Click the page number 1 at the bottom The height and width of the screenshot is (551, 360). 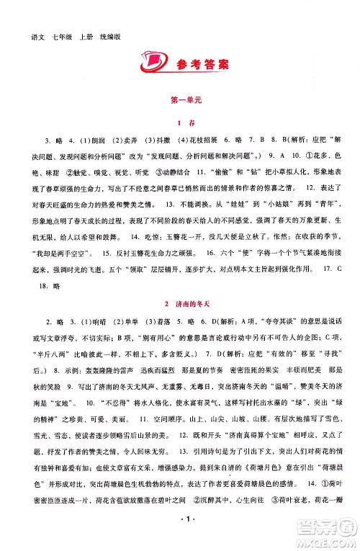click(181, 534)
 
